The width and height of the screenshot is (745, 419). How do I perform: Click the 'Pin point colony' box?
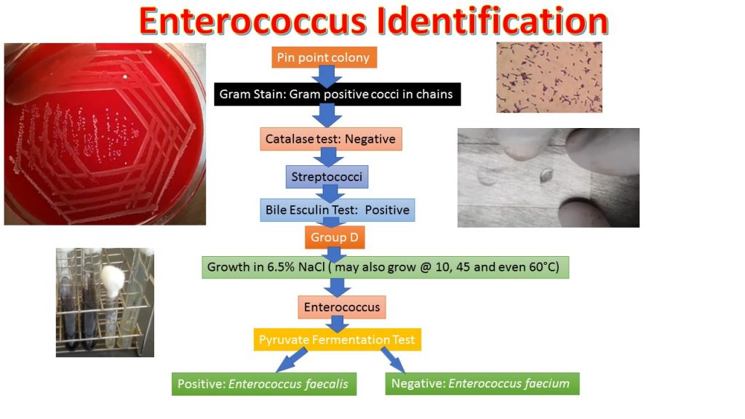click(x=324, y=57)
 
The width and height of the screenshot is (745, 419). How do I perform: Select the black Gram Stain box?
click(x=338, y=94)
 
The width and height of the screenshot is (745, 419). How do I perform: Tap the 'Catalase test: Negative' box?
click(x=330, y=138)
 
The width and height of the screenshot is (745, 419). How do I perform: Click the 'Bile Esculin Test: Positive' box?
click(x=337, y=210)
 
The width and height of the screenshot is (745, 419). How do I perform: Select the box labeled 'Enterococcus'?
click(x=342, y=307)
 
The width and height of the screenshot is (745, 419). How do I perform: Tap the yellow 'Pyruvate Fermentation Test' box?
click(x=337, y=340)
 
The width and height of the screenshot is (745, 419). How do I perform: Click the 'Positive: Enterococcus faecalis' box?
click(x=264, y=383)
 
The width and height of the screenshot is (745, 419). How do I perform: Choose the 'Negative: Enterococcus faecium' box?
click(x=482, y=383)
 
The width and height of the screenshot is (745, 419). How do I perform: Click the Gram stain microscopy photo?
click(x=549, y=76)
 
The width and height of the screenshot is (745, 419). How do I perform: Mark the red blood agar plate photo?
click(x=105, y=134)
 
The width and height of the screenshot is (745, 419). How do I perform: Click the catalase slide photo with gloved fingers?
click(x=548, y=177)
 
